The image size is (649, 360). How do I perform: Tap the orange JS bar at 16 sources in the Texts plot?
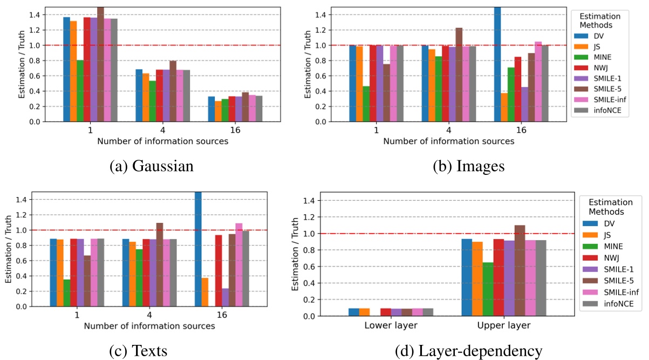205,292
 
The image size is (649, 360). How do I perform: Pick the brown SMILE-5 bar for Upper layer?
519,270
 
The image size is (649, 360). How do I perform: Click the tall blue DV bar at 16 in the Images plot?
496,64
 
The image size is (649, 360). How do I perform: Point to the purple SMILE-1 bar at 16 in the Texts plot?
224,297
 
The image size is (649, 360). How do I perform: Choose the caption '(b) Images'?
469,166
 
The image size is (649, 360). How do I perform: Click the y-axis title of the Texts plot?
9,249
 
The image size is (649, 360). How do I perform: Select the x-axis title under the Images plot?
448,141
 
